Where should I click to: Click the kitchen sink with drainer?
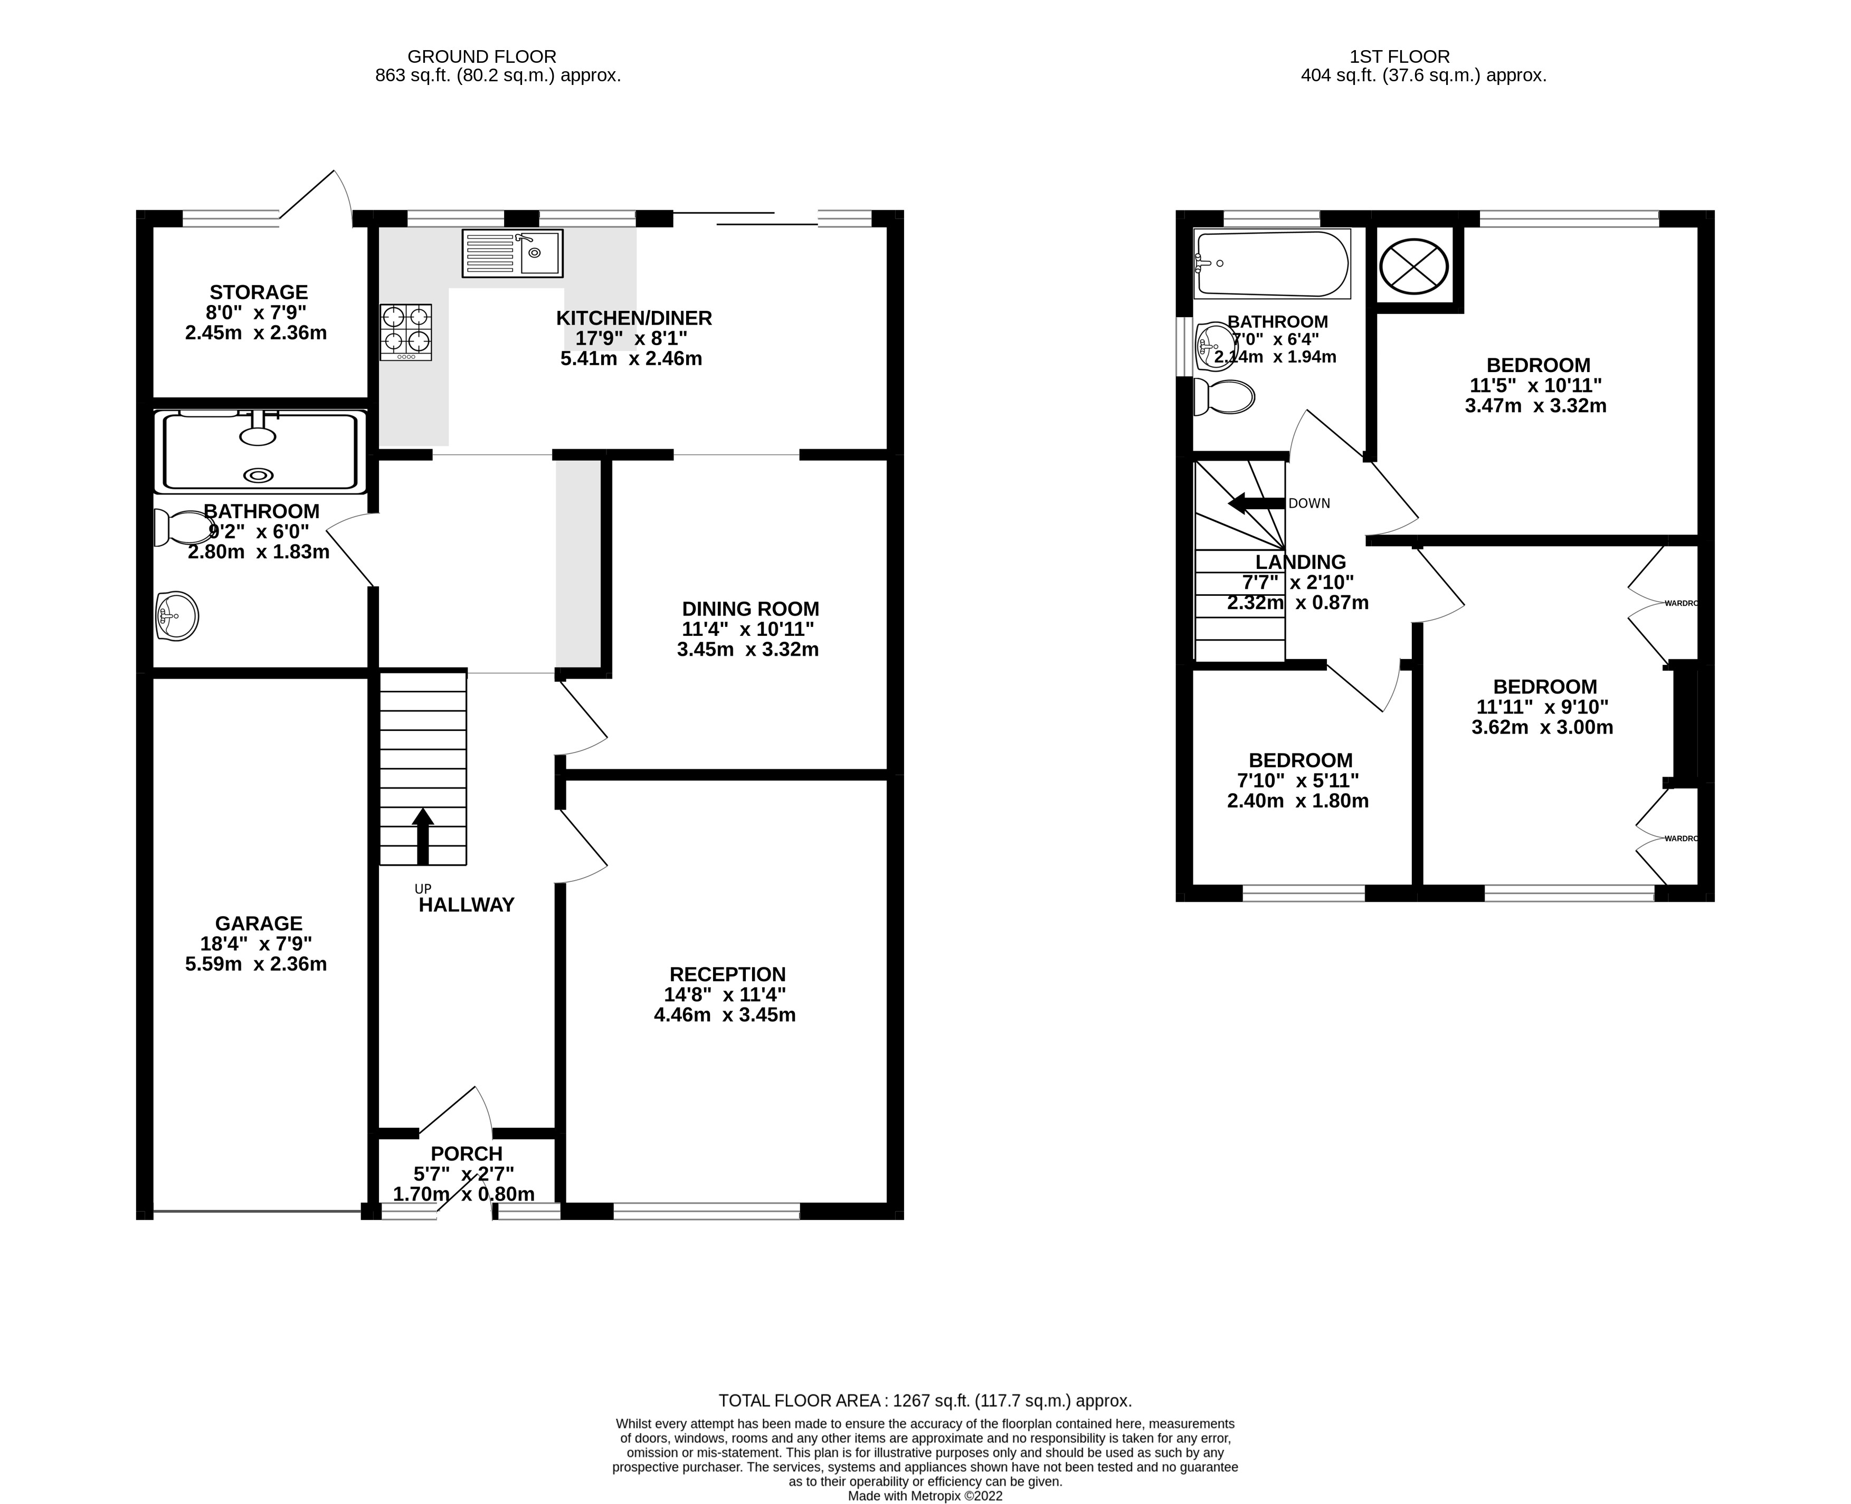click(x=512, y=253)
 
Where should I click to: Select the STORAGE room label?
click(x=258, y=292)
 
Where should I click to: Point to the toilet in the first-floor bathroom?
click(x=1223, y=397)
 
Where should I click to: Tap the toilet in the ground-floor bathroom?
click(x=175, y=528)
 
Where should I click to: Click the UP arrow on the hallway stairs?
click(x=423, y=835)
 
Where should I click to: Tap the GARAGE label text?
click(x=258, y=924)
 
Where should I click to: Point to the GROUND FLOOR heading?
click(x=482, y=56)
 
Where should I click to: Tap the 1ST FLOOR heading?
click(x=1399, y=56)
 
